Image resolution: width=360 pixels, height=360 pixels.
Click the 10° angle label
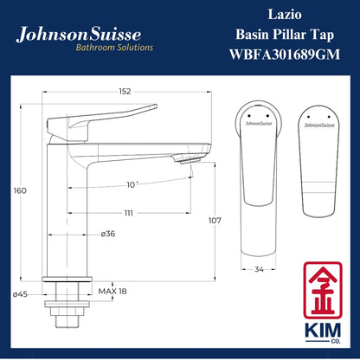pos(132,183)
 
